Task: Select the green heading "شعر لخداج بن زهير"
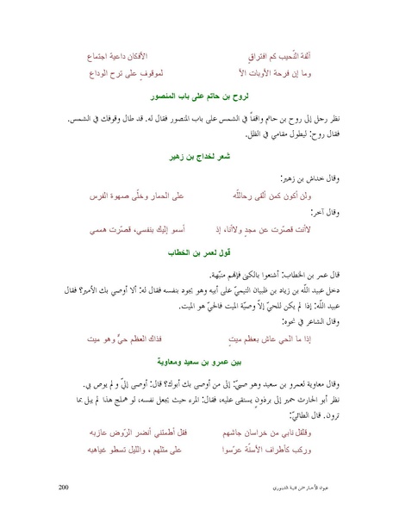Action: (x=199, y=159)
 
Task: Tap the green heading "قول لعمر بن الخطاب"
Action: (x=199, y=255)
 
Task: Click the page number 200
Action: (x=62, y=488)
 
